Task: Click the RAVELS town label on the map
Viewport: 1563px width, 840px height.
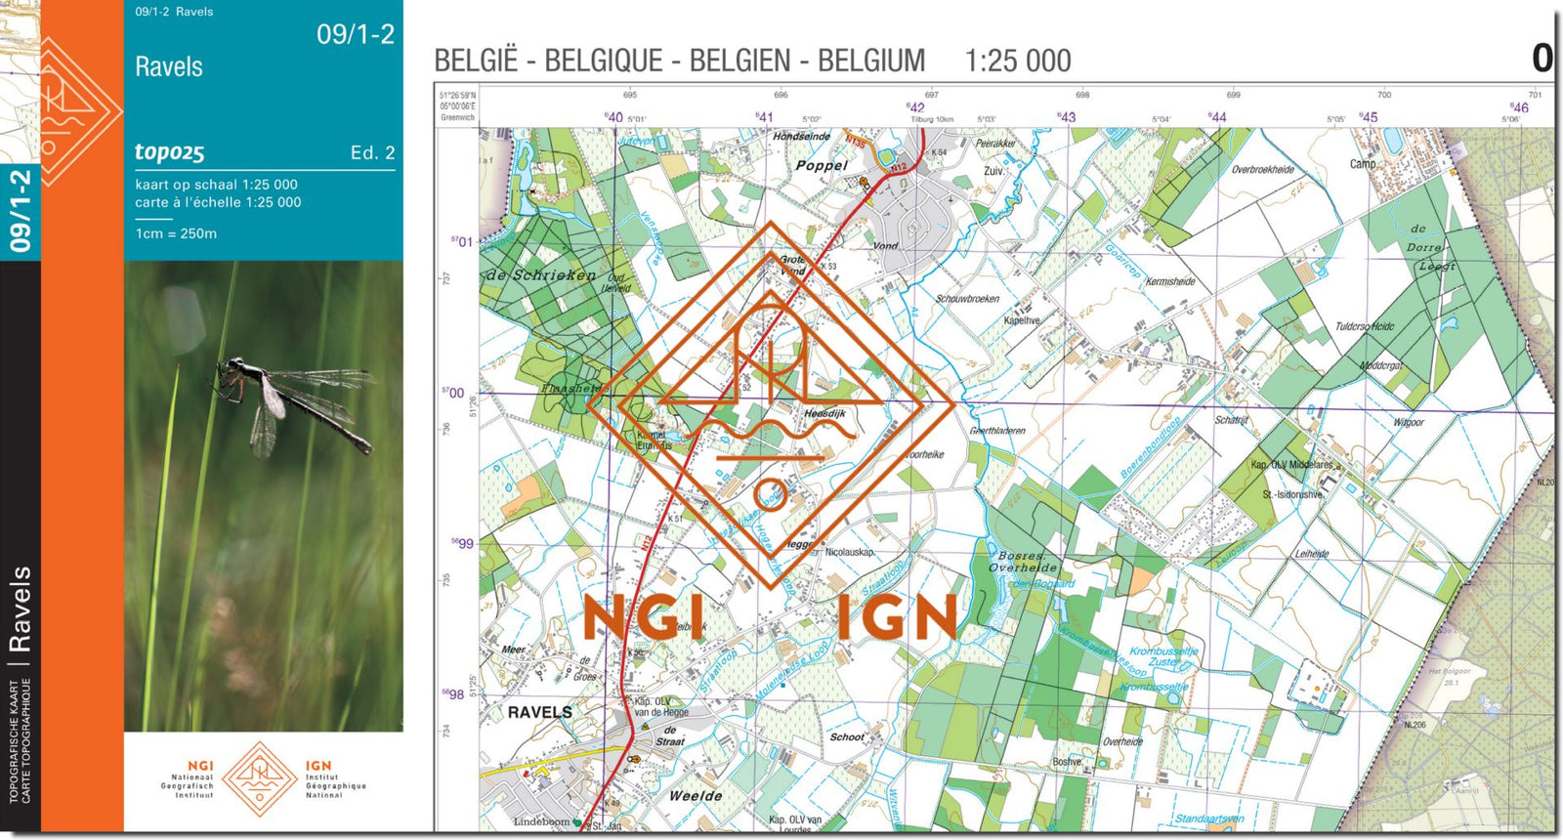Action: click(539, 712)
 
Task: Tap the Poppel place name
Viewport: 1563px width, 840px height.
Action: click(821, 166)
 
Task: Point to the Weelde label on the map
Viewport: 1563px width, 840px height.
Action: click(696, 796)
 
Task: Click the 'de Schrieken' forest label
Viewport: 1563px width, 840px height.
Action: click(541, 275)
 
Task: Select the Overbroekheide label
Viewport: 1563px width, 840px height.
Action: click(1262, 170)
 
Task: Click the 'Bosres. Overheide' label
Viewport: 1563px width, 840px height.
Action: click(1022, 562)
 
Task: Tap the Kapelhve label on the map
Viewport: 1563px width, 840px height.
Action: click(1022, 320)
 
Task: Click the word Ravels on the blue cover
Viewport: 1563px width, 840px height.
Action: click(169, 67)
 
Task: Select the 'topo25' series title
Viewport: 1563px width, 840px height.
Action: click(169, 151)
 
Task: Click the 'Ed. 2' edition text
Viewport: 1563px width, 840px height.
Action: click(372, 152)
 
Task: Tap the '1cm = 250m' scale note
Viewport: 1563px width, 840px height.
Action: click(176, 233)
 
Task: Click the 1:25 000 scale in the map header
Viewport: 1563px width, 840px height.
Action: click(1017, 62)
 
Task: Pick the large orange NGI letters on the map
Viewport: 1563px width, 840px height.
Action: click(644, 617)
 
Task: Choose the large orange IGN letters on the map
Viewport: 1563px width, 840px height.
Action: click(897, 617)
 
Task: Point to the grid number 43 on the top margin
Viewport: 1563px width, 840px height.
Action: click(1067, 116)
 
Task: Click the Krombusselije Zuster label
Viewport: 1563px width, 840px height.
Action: click(1163, 656)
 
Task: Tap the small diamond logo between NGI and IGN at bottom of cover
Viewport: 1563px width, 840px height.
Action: click(260, 777)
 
